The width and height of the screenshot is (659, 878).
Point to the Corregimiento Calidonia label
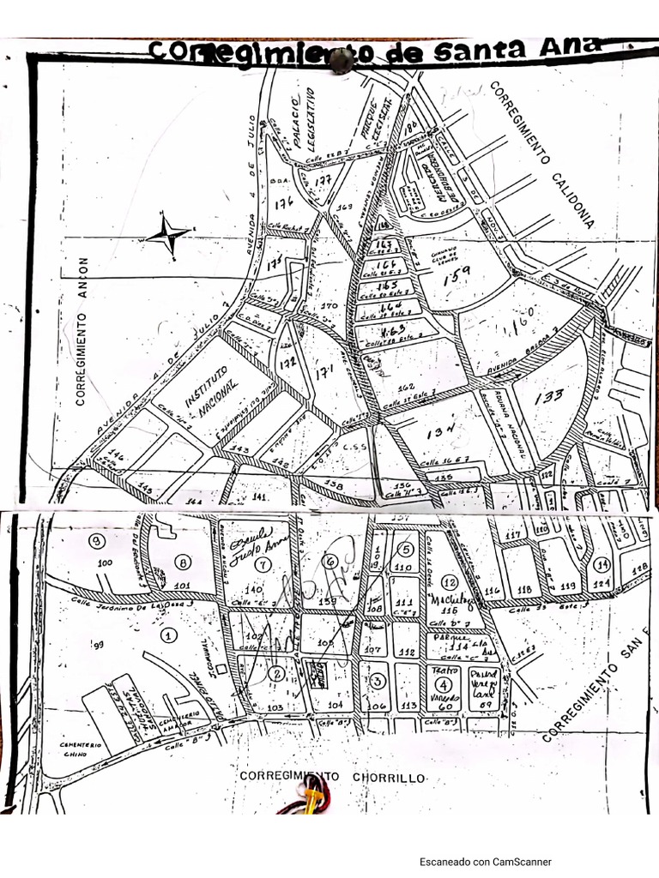click(x=542, y=153)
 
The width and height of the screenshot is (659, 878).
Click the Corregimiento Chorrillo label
click(x=332, y=776)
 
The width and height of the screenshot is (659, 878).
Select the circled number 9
click(x=97, y=540)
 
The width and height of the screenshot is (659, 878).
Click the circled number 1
click(x=168, y=635)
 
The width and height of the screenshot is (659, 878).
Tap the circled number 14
click(x=602, y=564)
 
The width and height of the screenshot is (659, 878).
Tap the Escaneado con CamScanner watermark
click(x=485, y=862)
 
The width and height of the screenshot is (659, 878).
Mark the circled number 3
click(x=377, y=681)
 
